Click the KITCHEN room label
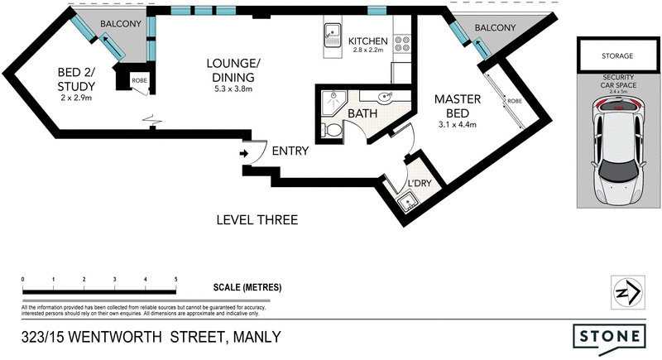click(x=368, y=42)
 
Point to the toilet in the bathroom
click(x=332, y=131)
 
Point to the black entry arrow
click(x=244, y=152)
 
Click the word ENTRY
click(x=290, y=151)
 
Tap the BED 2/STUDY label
click(x=75, y=79)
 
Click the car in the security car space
click(x=616, y=150)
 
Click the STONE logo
click(x=610, y=336)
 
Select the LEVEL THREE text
click(x=256, y=220)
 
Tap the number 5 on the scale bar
click(x=175, y=280)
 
